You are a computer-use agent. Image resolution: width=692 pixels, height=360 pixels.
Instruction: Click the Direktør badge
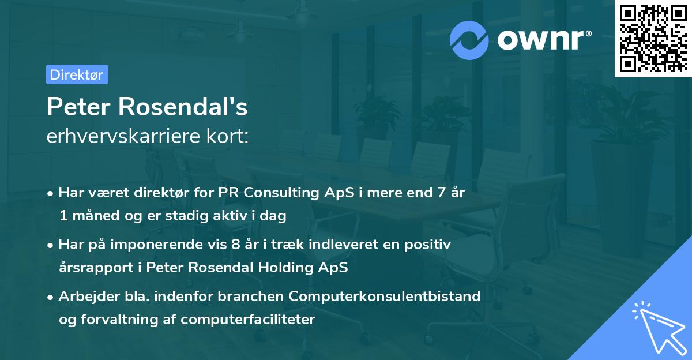[77, 74]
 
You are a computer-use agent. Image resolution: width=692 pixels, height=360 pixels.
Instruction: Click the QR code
[653, 38]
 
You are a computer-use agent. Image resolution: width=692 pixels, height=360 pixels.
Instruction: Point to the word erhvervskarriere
[121, 136]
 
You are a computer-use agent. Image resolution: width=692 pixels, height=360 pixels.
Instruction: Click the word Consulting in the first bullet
[274, 193]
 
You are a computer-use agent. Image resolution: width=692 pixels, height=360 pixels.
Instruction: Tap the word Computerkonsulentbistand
[385, 297]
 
